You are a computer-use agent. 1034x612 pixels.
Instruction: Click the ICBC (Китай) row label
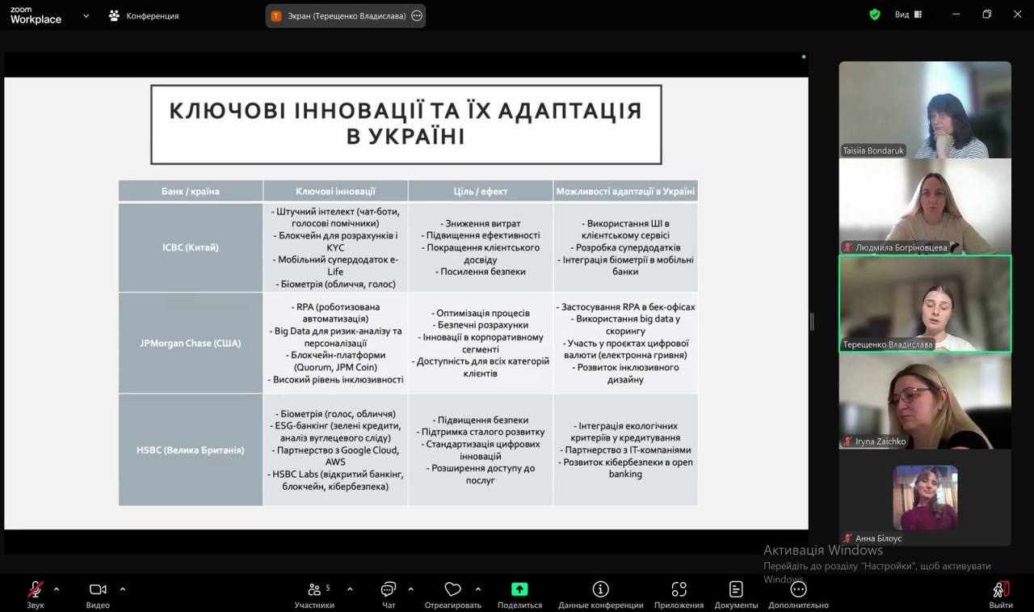[x=191, y=247]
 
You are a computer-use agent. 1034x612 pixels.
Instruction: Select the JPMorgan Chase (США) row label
[x=191, y=343]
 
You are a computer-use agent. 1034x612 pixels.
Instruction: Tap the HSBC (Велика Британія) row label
[x=191, y=450]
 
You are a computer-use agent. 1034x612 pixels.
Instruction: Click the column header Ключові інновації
[x=335, y=192]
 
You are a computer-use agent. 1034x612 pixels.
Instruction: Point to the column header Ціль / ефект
[x=481, y=192]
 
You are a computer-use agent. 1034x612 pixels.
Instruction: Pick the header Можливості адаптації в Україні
[x=625, y=192]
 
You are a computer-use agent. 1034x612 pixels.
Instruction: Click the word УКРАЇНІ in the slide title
[x=406, y=137]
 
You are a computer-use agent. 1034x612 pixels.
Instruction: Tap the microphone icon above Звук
[x=36, y=589]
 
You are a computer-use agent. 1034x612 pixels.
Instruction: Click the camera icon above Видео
[x=98, y=589]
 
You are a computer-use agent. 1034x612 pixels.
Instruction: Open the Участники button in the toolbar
[x=314, y=589]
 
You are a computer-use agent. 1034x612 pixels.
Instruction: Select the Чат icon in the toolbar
[x=389, y=589]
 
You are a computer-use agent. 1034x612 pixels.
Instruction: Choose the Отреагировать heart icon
[x=453, y=589]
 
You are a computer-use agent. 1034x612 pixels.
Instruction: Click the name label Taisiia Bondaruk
[x=873, y=150]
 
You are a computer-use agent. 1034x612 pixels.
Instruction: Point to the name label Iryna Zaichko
[x=880, y=441]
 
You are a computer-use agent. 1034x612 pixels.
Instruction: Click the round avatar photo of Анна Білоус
[x=925, y=497]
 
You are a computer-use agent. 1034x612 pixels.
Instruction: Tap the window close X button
[x=1017, y=15]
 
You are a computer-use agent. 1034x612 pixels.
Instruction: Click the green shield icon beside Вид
[x=875, y=15]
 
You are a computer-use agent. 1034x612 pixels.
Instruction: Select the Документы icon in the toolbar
[x=736, y=589]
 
